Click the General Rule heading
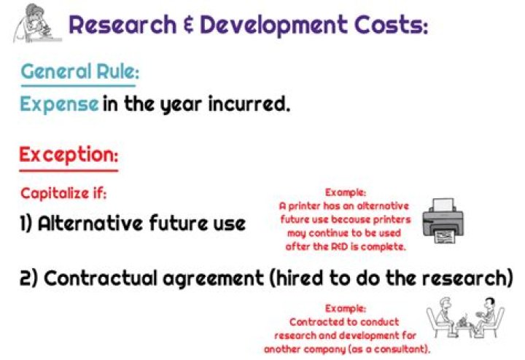point(79,73)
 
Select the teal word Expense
point(58,103)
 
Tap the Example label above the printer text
point(345,192)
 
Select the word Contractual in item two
point(109,279)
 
